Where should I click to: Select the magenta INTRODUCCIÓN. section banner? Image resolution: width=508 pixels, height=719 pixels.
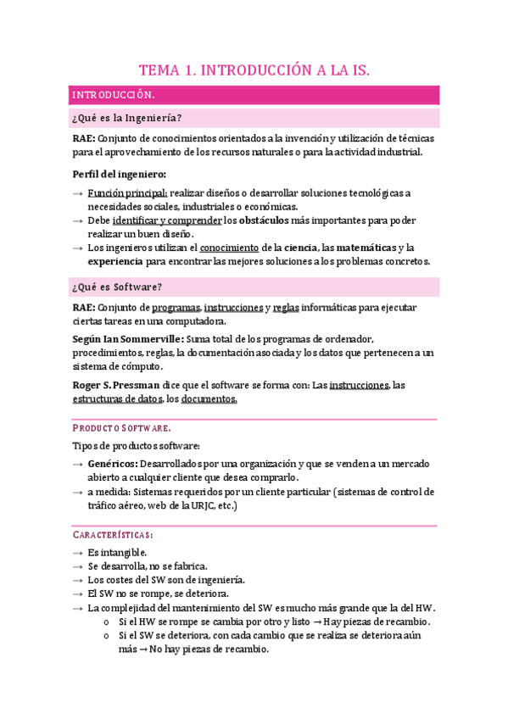tap(254, 95)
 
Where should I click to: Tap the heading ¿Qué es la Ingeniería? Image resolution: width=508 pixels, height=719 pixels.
tap(128, 118)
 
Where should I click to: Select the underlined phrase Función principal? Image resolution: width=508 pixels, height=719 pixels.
tap(127, 193)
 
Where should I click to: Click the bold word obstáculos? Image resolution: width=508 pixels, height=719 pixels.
tap(270, 220)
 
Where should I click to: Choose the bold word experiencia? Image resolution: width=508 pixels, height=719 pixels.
tap(116, 261)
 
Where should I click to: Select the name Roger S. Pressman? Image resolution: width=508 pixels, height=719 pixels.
tap(114, 385)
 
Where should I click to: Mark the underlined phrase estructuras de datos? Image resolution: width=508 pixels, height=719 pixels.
tap(116, 399)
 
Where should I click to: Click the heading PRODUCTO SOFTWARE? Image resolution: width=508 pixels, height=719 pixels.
tap(121, 428)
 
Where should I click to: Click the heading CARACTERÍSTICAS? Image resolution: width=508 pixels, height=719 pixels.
tap(113, 535)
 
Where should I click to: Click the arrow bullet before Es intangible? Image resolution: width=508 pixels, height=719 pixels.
tap(78, 553)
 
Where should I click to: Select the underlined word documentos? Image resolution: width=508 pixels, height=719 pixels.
tap(209, 399)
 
